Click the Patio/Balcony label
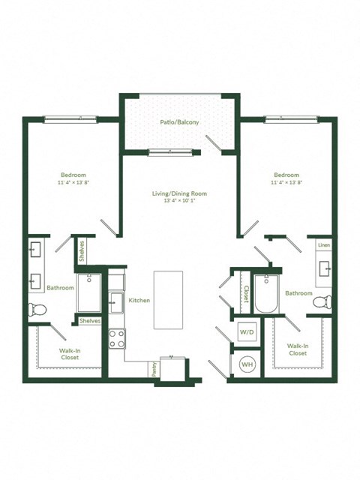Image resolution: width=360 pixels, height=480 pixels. [x=178, y=121]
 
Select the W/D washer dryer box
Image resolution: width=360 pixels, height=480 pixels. [x=246, y=331]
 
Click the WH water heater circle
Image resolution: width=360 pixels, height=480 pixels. [x=246, y=364]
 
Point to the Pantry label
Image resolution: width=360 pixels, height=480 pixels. [x=154, y=367]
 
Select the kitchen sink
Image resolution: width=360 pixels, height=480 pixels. [x=115, y=303]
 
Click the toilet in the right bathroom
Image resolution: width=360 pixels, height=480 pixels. [x=321, y=302]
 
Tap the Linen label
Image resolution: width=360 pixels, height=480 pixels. [x=323, y=245]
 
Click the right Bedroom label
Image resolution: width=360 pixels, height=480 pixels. [x=286, y=178]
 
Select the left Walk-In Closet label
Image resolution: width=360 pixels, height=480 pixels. [x=70, y=353]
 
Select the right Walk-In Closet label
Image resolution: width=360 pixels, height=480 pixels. [x=297, y=349]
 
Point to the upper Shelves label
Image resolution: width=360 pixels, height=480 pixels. [x=82, y=250]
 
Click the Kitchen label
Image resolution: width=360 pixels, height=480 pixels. [x=139, y=300]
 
